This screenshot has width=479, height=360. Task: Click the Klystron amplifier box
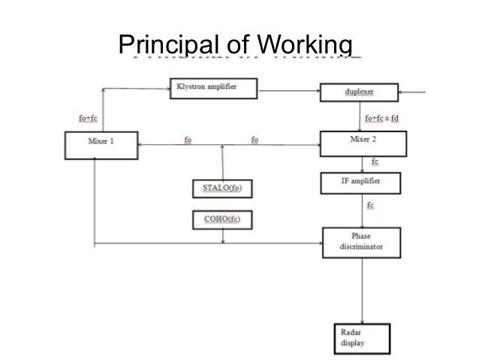[x=214, y=88]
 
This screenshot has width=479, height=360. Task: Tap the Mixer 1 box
[x=100, y=144]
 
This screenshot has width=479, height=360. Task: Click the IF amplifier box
[x=360, y=183]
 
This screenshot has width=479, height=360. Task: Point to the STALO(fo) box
[x=221, y=189]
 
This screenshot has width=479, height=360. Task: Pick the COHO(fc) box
[x=221, y=219]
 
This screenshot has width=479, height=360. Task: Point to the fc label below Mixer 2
[x=375, y=162]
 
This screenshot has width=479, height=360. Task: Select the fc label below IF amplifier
[x=371, y=204]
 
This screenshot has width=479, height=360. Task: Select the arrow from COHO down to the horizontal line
[x=223, y=235]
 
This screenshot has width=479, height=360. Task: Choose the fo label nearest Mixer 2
[x=255, y=139]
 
